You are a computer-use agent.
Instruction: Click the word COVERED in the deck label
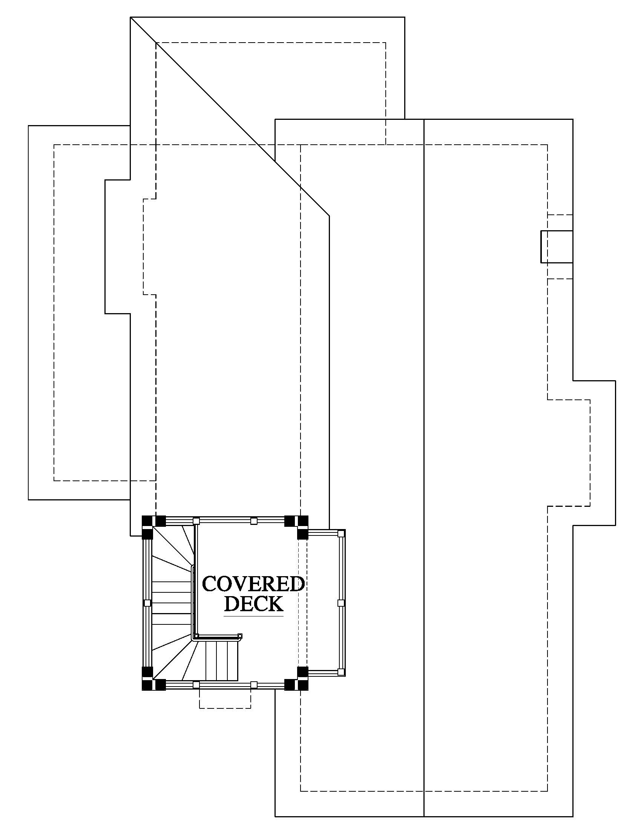coord(253,584)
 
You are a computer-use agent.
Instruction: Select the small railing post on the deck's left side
coord(148,603)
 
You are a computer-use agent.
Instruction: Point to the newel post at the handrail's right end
coord(239,636)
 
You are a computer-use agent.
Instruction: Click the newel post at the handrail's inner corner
coord(196,636)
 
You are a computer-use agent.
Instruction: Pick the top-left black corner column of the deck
coord(153,526)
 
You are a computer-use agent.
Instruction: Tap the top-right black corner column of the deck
coord(297,527)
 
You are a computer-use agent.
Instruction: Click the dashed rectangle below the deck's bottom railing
coord(225,699)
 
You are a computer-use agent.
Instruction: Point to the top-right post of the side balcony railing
coord(341,533)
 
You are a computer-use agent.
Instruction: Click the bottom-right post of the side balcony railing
coord(341,672)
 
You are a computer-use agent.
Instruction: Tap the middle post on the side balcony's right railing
coord(340,603)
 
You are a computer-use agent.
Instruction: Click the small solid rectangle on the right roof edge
coord(557,246)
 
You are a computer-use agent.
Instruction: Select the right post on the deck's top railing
coord(254,521)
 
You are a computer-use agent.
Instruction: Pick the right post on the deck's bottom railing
coord(254,685)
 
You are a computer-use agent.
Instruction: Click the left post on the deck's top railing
coord(196,521)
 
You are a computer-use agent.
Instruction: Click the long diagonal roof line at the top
coord(230,116)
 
